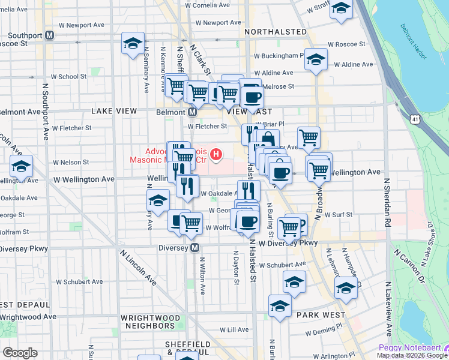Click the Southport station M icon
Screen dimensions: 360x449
[50, 35]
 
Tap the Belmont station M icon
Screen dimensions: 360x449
[193, 112]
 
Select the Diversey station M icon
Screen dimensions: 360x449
[194, 247]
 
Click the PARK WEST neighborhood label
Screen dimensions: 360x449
[321, 315]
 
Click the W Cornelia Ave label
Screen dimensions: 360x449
[208, 5]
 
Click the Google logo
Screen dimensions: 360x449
[20, 353]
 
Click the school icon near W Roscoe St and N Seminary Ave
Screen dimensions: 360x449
[133, 43]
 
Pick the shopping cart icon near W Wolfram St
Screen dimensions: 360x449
[191, 223]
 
